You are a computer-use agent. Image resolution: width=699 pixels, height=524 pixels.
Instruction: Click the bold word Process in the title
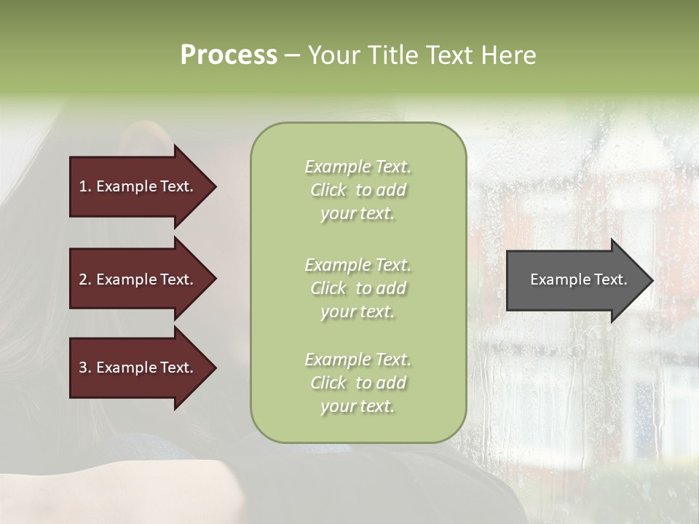229,55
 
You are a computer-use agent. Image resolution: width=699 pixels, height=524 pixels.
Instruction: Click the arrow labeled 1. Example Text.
138,186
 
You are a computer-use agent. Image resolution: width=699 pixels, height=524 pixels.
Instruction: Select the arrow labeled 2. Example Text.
138,279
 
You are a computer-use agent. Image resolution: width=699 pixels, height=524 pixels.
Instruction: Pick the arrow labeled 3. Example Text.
138,368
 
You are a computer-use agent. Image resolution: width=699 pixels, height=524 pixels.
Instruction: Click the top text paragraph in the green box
358,190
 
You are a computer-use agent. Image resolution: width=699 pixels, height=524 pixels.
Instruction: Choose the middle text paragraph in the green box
358,288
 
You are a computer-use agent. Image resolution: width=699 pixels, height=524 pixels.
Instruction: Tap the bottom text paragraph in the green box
358,383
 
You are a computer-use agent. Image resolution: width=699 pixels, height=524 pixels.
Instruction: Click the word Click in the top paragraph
328,190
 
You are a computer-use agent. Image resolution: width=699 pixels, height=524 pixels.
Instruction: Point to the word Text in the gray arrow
610,279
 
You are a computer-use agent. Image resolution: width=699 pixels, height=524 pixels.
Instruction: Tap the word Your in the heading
328,55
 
